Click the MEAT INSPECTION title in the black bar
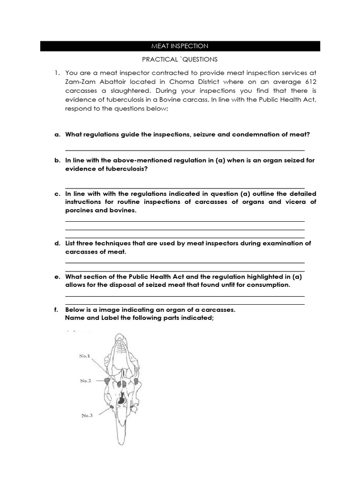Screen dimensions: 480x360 coord(180,46)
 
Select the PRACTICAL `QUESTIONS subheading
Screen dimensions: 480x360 coord(180,60)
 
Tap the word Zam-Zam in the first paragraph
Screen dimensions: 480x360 coord(80,82)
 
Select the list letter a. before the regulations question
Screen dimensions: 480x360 coord(57,135)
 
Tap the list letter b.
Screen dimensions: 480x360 coord(57,160)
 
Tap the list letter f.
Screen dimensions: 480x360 coord(57,310)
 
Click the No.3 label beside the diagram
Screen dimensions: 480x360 coord(87,415)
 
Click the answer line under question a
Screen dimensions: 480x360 coord(185,150)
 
